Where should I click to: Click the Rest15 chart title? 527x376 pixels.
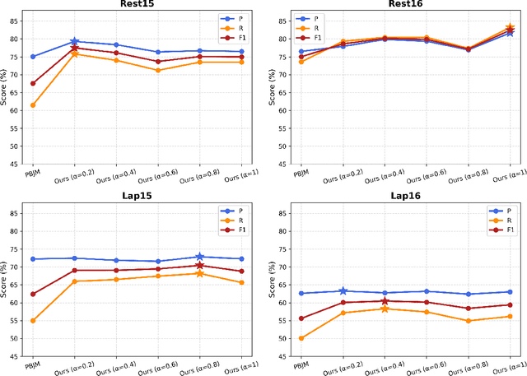(137, 5)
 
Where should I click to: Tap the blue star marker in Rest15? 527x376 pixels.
(74, 41)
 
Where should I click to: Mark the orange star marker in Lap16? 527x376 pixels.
(385, 309)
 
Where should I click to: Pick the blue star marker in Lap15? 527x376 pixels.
(200, 257)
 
